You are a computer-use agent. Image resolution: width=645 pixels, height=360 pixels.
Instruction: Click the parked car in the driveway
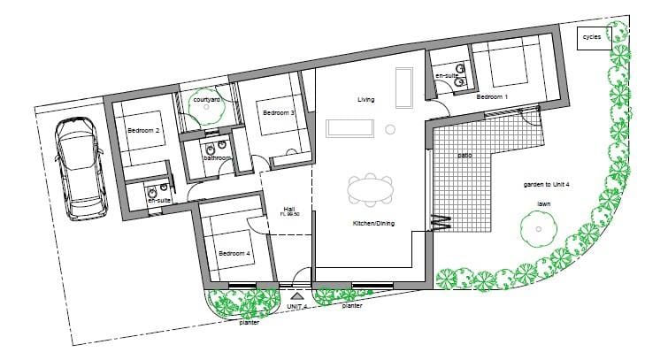click(81, 168)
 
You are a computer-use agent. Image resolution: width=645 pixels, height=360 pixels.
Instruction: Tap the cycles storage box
click(594, 38)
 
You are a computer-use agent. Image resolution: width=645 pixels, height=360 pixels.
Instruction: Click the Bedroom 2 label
click(143, 130)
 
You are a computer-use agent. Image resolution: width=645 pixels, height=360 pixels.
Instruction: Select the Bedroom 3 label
click(279, 112)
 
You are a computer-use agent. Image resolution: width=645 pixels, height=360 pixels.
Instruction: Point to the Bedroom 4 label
click(234, 254)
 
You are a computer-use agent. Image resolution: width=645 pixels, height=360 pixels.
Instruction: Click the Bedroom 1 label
click(492, 96)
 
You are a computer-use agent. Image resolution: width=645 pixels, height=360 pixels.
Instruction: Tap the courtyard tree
click(206, 107)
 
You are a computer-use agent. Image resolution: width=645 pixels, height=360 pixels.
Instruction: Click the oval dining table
click(370, 190)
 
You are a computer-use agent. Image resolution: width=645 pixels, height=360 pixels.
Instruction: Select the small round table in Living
click(390, 130)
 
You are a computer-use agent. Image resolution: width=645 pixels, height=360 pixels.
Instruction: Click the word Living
click(365, 100)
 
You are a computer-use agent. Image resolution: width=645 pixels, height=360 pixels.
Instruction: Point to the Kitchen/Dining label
click(373, 224)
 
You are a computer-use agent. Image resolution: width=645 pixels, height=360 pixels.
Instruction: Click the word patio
click(465, 156)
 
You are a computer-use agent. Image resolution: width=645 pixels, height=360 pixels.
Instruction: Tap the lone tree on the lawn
click(539, 229)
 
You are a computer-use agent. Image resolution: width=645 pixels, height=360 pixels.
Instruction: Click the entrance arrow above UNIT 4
click(297, 295)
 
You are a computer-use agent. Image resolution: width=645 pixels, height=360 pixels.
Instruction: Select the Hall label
click(289, 209)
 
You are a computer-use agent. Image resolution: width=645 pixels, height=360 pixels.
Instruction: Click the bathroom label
click(217, 158)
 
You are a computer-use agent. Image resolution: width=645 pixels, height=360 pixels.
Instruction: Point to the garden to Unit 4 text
click(546, 185)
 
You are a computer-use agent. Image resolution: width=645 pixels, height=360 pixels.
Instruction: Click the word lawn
click(543, 204)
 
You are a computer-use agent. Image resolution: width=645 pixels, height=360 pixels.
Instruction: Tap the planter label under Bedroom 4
click(250, 323)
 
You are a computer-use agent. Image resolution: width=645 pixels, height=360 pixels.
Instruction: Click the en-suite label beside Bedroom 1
click(447, 76)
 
